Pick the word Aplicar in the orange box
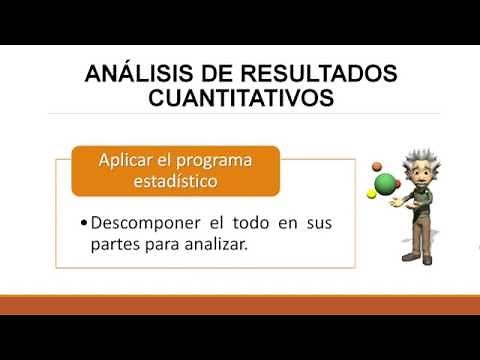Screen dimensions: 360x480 (x=129, y=161)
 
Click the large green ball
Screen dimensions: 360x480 (x=385, y=184)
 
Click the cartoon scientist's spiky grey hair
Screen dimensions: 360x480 (x=412, y=157)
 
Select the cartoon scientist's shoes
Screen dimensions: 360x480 (x=417, y=257)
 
